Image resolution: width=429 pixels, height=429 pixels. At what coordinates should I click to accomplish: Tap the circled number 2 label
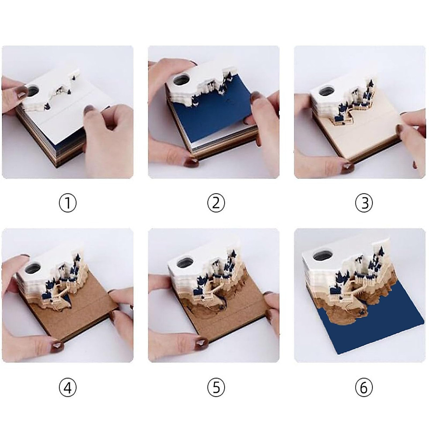tap(216, 203)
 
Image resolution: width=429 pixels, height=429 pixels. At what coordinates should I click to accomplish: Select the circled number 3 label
tap(364, 203)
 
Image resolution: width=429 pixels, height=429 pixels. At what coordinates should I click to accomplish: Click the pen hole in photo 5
tap(186, 262)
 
